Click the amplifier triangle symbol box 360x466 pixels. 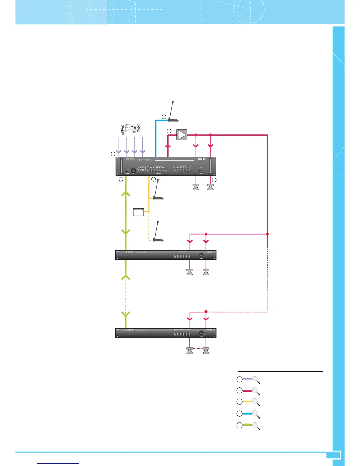[x=182, y=135]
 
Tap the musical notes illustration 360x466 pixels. [x=131, y=129]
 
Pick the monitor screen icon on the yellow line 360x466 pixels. [x=139, y=212]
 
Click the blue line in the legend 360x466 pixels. [x=248, y=413]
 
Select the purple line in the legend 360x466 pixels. [x=248, y=379]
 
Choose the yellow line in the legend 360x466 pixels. [x=248, y=402]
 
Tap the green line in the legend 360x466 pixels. [x=248, y=425]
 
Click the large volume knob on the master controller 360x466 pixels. [x=134, y=171]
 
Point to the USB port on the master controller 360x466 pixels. [x=127, y=171]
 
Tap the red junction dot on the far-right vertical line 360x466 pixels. [x=267, y=234]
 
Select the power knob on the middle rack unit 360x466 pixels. [x=201, y=255]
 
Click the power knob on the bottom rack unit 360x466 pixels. [x=201, y=333]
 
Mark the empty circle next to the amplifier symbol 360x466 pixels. [x=169, y=131]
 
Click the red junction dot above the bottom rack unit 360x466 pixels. [x=206, y=312]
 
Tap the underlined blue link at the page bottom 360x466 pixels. [x=59, y=463]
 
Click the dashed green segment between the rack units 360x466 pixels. [x=126, y=296]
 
